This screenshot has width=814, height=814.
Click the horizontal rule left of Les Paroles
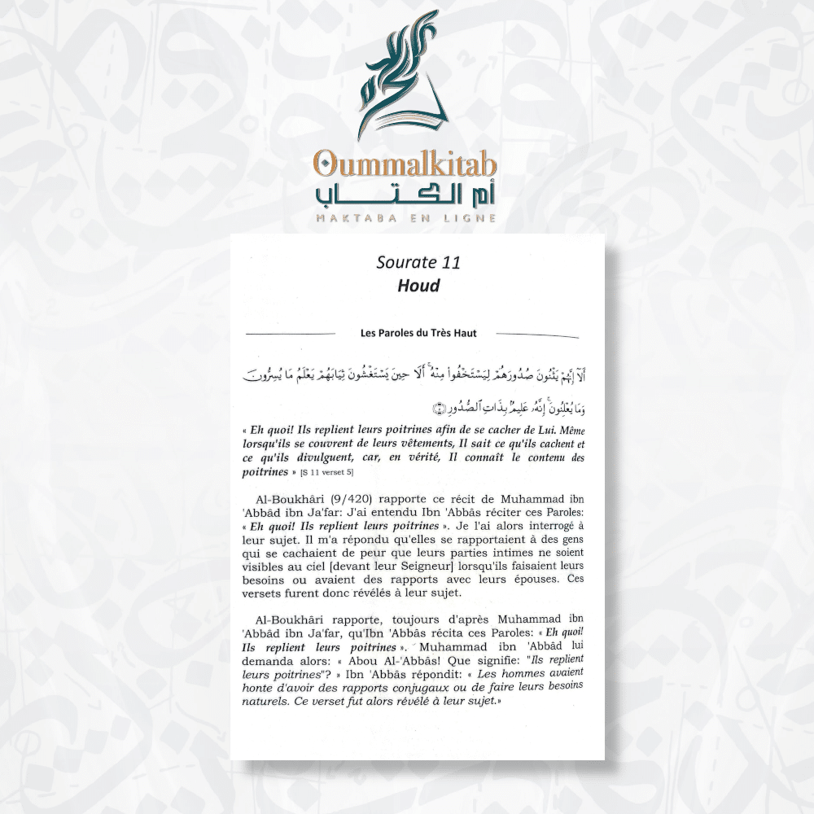click(291, 334)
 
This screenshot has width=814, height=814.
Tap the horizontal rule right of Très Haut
click(537, 334)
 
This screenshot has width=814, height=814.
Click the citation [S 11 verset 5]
click(327, 472)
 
